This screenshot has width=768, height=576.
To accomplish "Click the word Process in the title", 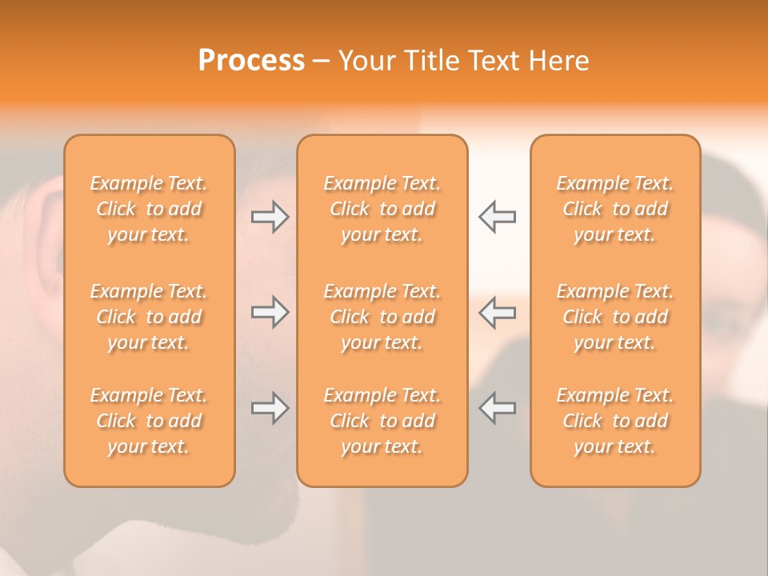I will point(251,61).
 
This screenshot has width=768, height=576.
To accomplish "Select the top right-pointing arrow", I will point(270,217).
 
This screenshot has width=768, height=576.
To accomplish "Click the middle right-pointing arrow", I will point(270,312).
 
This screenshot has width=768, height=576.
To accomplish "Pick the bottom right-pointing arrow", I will point(270,408).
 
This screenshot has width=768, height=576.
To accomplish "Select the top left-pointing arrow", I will point(497,217).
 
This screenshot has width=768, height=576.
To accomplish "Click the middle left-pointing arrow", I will point(497,312).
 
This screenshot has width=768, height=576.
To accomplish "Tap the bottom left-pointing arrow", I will point(497,408).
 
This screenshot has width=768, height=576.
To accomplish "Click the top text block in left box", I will point(149,209).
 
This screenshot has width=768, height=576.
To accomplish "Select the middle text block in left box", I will point(149,317).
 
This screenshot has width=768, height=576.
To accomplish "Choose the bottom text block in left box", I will point(149,421).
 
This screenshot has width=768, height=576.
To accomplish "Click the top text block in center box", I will point(382,209).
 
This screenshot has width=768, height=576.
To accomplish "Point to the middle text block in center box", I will point(382,317).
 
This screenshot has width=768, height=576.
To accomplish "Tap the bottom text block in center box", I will point(382,421).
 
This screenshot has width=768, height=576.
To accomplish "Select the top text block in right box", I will point(614,209).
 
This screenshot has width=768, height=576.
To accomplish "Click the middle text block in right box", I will point(614,317).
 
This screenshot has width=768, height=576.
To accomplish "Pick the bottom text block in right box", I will point(614,421).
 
